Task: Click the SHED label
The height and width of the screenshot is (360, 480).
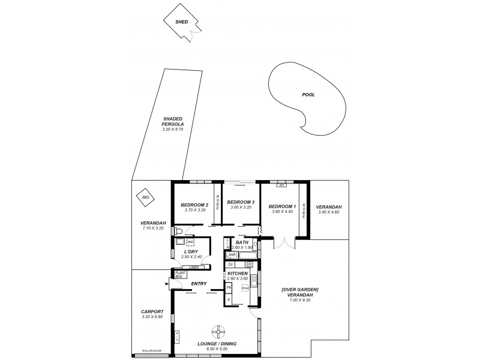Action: coord(181,22)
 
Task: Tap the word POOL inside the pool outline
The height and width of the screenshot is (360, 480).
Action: coord(308,95)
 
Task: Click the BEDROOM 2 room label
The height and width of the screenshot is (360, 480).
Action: coord(194,205)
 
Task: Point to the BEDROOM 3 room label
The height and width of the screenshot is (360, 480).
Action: coord(241,202)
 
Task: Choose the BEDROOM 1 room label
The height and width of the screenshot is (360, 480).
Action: coord(281,206)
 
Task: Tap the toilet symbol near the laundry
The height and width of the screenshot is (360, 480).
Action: coord(178,230)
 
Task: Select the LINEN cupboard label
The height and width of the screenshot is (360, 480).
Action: coord(194,266)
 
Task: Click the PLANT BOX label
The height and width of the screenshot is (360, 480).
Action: coord(179,275)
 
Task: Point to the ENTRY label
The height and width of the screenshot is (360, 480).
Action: coord(199,284)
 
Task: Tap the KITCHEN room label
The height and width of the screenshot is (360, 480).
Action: coord(237,274)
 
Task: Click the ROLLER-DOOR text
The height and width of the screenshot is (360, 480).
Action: coord(151,350)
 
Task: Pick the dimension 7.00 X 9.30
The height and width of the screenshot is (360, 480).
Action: coord(299,299)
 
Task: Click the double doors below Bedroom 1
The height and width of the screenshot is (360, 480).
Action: coord(284,241)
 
